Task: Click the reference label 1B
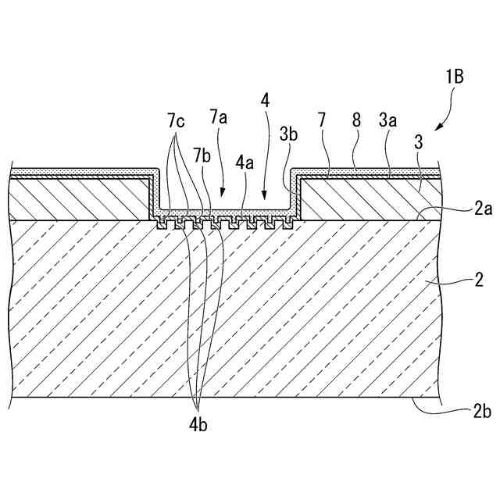(x=455, y=77)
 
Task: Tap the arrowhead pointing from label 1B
(x=438, y=128)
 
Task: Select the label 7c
(x=176, y=122)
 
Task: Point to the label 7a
(x=219, y=119)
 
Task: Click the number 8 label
(x=356, y=121)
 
